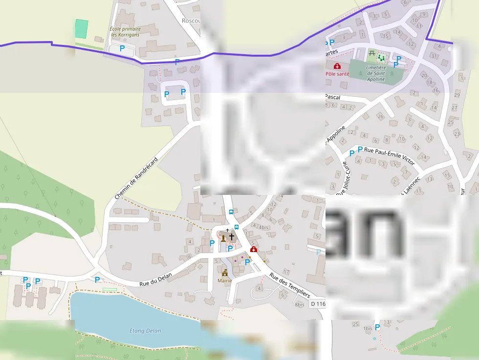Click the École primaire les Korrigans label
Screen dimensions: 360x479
(125, 32)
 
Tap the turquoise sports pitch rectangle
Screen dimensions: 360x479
(82, 28)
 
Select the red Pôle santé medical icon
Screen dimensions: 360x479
(337, 66)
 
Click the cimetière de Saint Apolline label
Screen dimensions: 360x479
(375, 73)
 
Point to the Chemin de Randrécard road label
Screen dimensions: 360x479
(136, 178)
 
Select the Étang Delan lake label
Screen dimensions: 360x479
(145, 331)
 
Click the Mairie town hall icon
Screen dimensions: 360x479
(225, 273)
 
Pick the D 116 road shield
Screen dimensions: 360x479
(317, 304)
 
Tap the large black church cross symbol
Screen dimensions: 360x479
(232, 237)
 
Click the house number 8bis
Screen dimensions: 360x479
(300, 305)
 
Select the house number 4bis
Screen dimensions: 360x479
(264, 227)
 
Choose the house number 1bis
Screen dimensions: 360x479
(368, 329)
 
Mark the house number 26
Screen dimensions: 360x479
(380, 116)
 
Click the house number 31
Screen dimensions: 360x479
(433, 56)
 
